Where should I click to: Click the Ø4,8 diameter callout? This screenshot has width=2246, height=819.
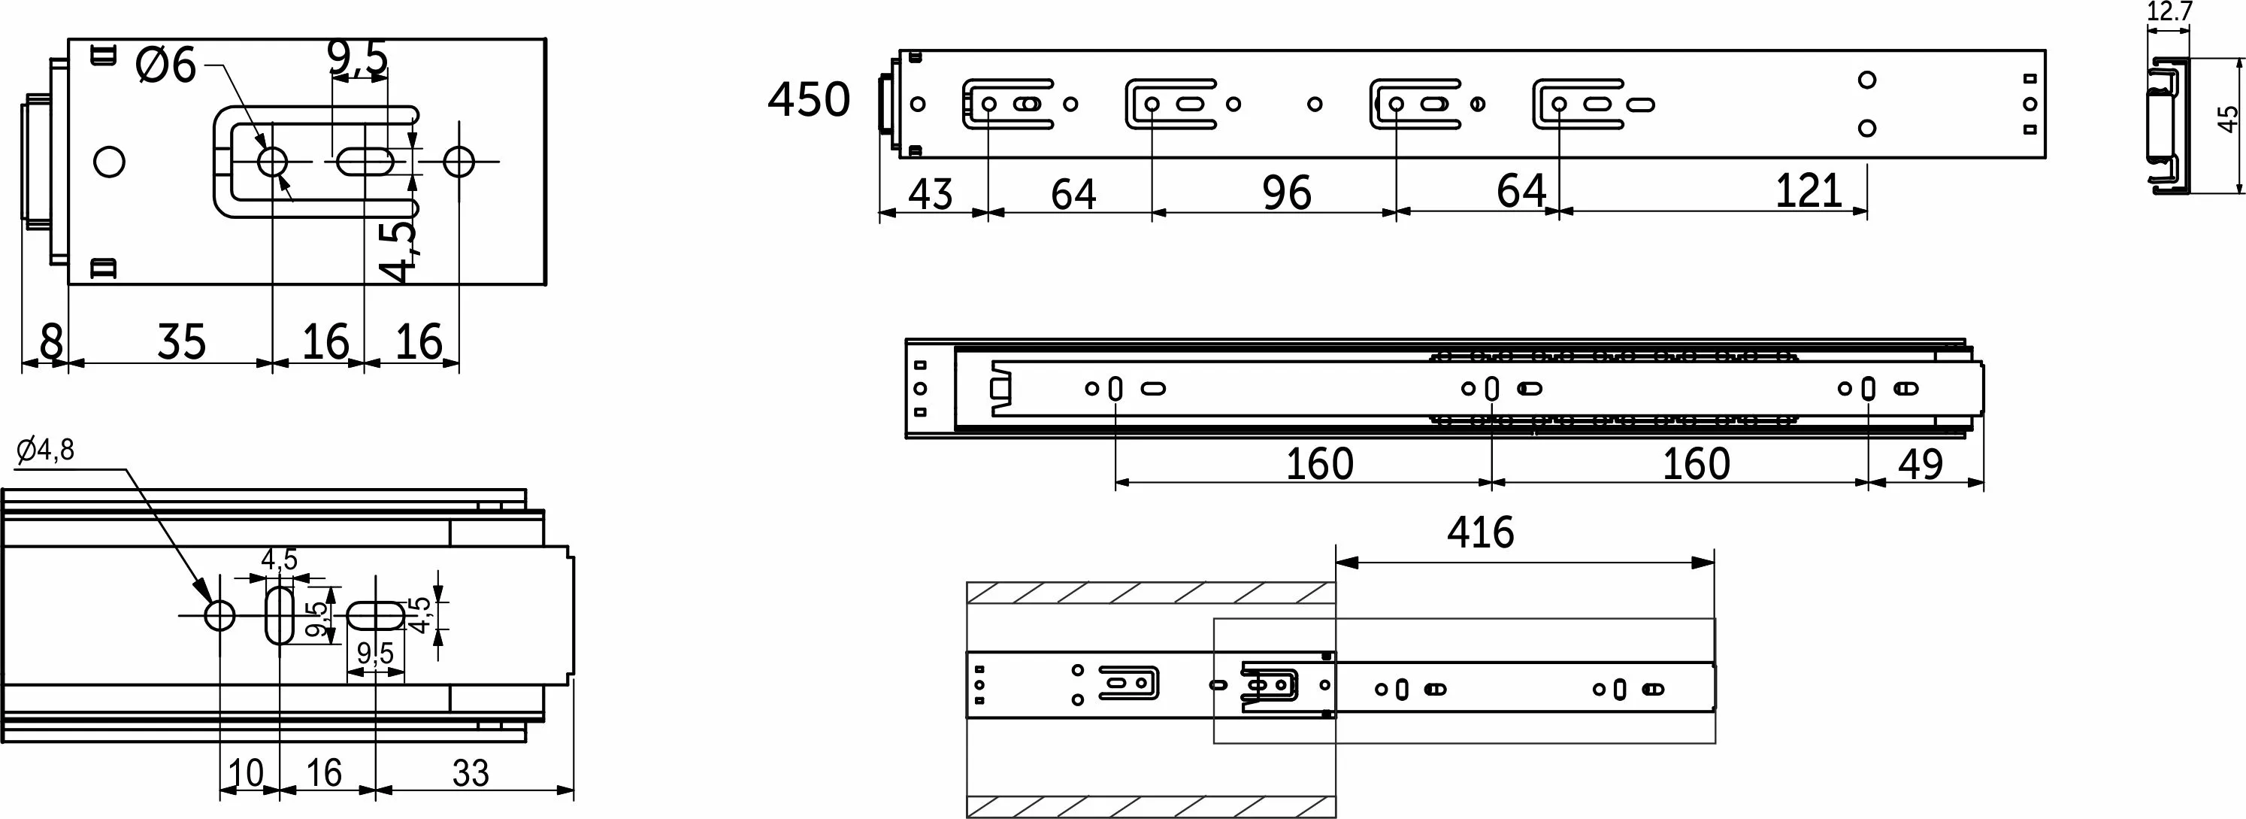45,450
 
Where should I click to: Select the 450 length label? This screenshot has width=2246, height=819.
808,99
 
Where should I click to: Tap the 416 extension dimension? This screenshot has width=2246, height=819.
1481,531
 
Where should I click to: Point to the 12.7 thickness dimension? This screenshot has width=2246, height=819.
2169,11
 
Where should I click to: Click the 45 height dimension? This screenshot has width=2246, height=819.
2229,119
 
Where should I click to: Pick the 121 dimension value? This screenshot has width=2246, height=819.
1809,190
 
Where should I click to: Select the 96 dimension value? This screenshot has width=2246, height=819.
1287,193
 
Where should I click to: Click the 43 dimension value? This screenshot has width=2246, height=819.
931,193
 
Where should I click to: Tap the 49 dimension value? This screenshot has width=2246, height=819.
1921,464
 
